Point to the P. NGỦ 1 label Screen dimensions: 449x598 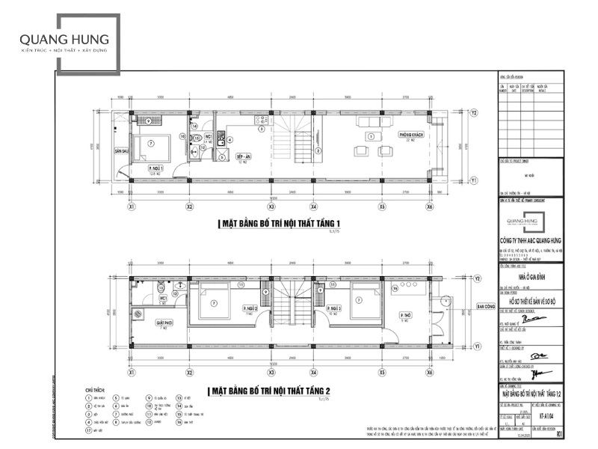tap(156, 168)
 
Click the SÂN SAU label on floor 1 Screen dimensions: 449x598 tap(122, 150)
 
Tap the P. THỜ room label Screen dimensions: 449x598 tap(406, 317)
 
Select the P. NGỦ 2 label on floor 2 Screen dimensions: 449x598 tap(250, 308)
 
